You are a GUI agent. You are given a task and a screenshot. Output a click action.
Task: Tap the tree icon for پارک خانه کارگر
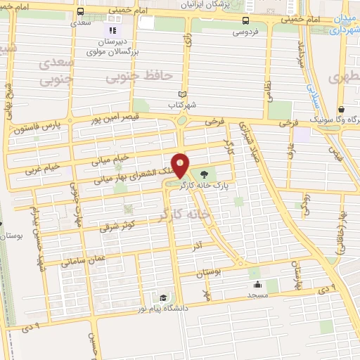[x=204, y=174]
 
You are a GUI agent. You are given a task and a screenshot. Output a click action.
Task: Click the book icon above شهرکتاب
[x=184, y=94]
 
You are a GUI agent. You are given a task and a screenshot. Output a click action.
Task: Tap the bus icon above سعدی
[x=81, y=12]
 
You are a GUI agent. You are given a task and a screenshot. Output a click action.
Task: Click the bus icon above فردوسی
[x=245, y=20]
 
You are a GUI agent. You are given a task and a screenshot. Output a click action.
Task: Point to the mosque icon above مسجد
[x=257, y=285]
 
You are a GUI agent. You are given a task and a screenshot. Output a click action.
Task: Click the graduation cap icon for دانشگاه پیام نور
[x=164, y=298]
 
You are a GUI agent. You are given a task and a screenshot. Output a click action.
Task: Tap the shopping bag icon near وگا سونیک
[x=341, y=110]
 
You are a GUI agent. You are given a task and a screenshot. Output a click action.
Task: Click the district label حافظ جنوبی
[x=134, y=75]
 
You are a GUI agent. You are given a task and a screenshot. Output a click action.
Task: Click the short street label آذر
[x=198, y=246]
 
